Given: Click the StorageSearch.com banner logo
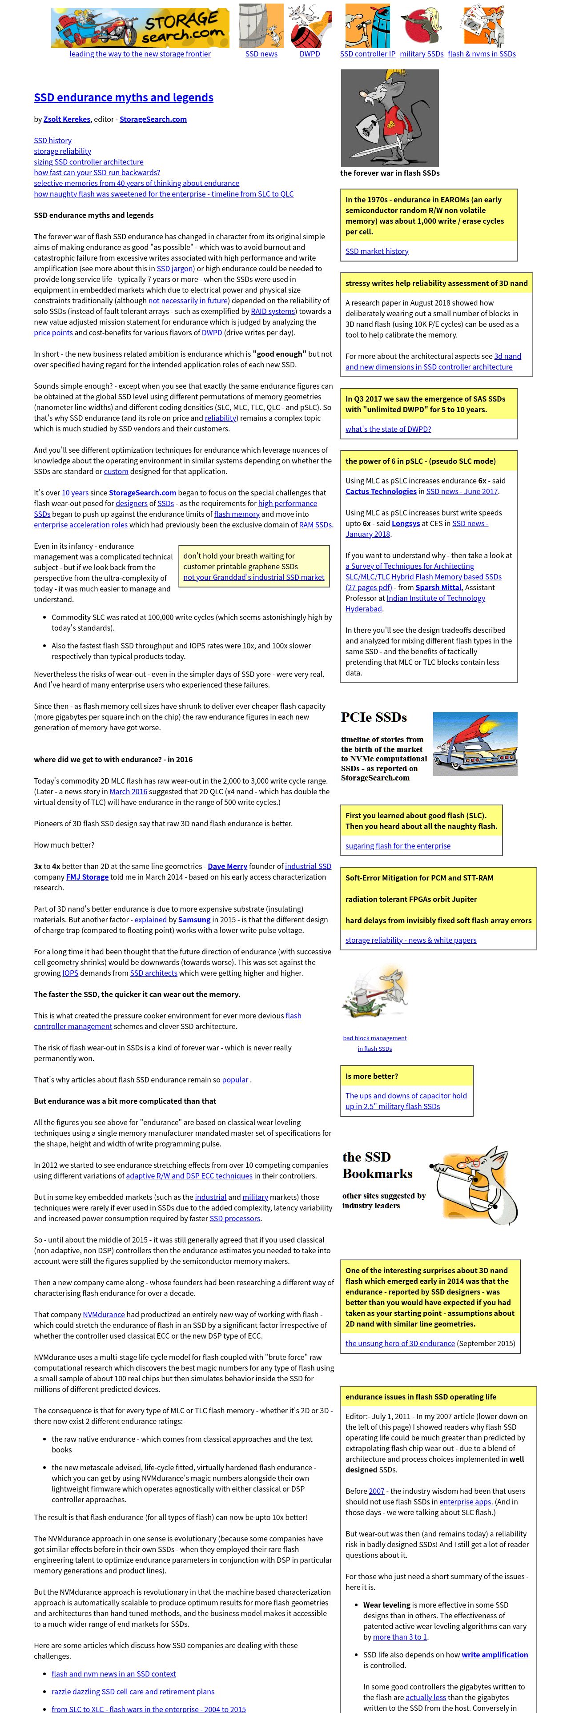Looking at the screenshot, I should click(140, 27).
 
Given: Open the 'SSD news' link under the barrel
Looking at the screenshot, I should click(261, 54).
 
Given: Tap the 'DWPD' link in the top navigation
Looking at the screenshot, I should click(310, 54).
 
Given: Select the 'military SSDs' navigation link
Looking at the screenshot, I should click(422, 54).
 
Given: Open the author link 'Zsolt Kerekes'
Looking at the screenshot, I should click(66, 119).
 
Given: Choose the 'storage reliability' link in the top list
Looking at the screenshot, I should click(63, 151).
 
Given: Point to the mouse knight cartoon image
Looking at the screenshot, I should click(390, 118).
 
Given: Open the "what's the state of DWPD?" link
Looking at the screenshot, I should click(388, 429).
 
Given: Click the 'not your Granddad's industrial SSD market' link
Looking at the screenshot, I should click(254, 577).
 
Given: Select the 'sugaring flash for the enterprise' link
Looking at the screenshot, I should click(398, 846).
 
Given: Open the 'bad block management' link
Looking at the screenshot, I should click(375, 1038).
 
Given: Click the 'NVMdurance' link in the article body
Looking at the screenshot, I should click(104, 1315).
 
